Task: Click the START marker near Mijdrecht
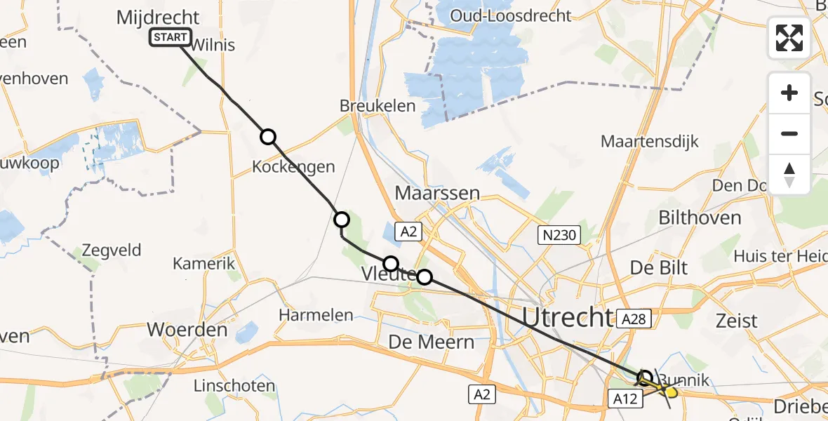tap(170, 37)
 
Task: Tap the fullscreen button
tap(789, 38)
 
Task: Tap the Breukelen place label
tap(378, 106)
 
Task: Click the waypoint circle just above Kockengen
tap(268, 137)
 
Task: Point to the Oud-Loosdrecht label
tap(511, 15)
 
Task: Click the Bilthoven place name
tap(699, 218)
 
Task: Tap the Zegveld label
tap(112, 250)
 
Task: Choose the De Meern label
tap(432, 342)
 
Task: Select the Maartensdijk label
tap(649, 141)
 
